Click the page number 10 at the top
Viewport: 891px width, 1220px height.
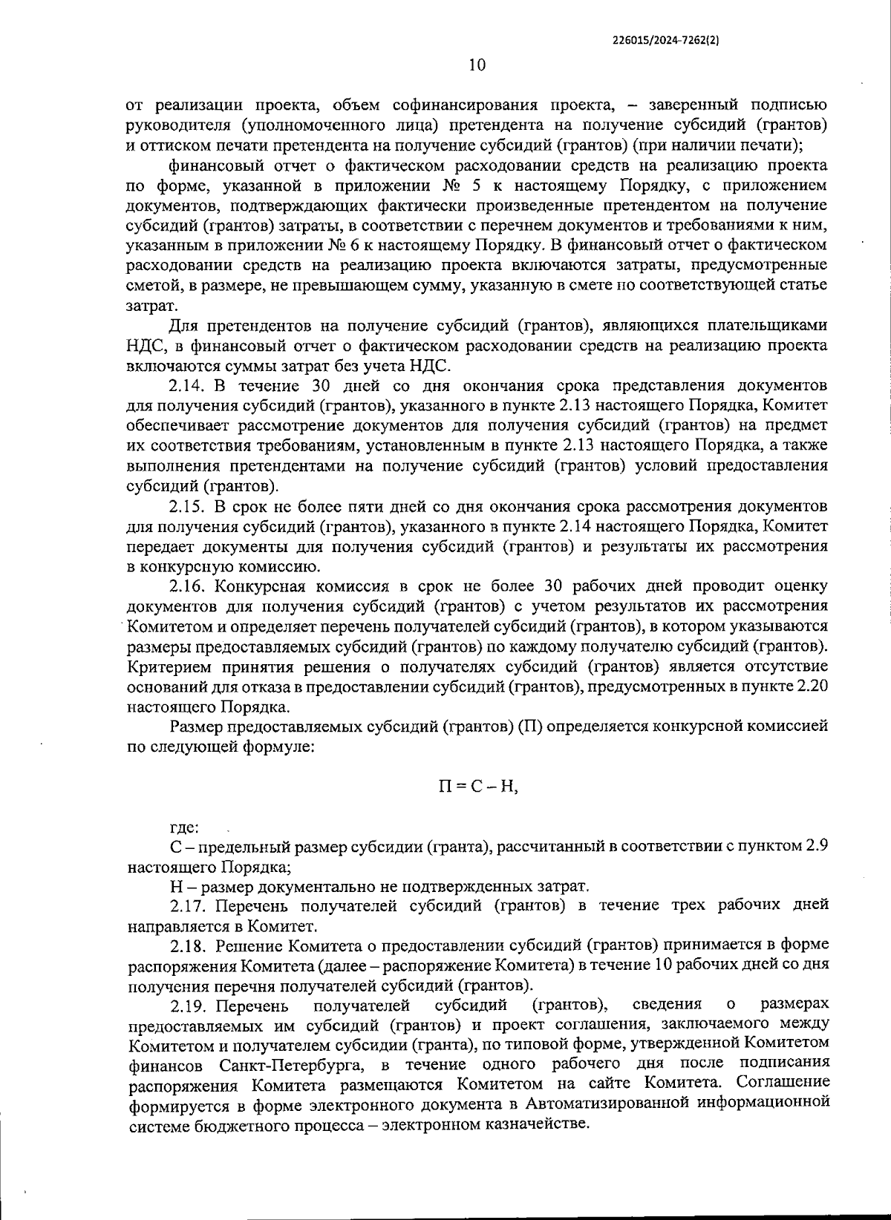coord(477,65)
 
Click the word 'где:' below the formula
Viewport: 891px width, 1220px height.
coord(184,827)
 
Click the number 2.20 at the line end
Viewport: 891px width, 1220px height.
coord(810,686)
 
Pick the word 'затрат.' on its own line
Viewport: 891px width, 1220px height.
coord(151,305)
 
